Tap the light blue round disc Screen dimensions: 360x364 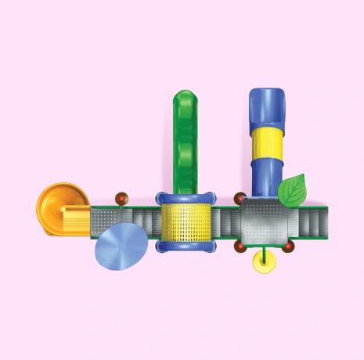[x=121, y=246]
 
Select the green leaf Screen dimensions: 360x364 [x=293, y=190]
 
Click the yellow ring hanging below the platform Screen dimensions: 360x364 [x=265, y=265]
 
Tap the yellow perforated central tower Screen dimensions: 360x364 [x=186, y=222]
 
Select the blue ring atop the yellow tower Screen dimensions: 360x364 [x=186, y=198]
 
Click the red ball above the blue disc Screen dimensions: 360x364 [x=121, y=199]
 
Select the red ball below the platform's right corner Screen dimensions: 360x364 [x=288, y=247]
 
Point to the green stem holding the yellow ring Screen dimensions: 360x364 [x=265, y=252]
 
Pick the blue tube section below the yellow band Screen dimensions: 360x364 [x=266, y=176]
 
